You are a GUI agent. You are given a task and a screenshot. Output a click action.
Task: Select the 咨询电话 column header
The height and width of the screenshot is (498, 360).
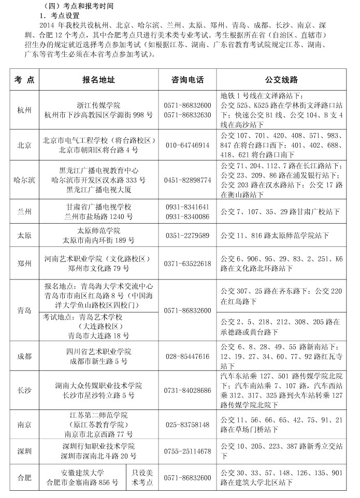[x=188, y=80]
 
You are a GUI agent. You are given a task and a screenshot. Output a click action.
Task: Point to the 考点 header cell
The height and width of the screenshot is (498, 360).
[x=24, y=80]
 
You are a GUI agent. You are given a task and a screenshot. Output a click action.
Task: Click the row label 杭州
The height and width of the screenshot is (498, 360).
[x=24, y=110]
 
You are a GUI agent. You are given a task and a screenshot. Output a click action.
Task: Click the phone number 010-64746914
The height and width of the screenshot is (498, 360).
[x=187, y=145]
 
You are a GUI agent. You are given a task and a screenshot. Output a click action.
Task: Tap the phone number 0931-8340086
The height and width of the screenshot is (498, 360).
[x=187, y=216]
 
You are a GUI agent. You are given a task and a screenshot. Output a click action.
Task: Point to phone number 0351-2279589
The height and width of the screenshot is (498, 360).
[x=187, y=236]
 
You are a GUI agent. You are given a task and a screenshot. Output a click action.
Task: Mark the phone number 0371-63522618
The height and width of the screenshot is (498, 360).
[x=187, y=263]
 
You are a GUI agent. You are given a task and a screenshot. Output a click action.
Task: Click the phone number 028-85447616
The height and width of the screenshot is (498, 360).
[x=187, y=356]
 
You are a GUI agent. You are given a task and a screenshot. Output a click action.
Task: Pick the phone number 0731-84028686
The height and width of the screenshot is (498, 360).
[x=187, y=390]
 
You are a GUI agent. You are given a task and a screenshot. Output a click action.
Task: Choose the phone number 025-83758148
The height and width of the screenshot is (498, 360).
[x=187, y=424]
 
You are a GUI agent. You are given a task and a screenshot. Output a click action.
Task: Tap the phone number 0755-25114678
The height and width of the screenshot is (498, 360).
[x=187, y=451]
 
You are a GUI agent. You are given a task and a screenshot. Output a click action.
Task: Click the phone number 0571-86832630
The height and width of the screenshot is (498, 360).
[x=187, y=114]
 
